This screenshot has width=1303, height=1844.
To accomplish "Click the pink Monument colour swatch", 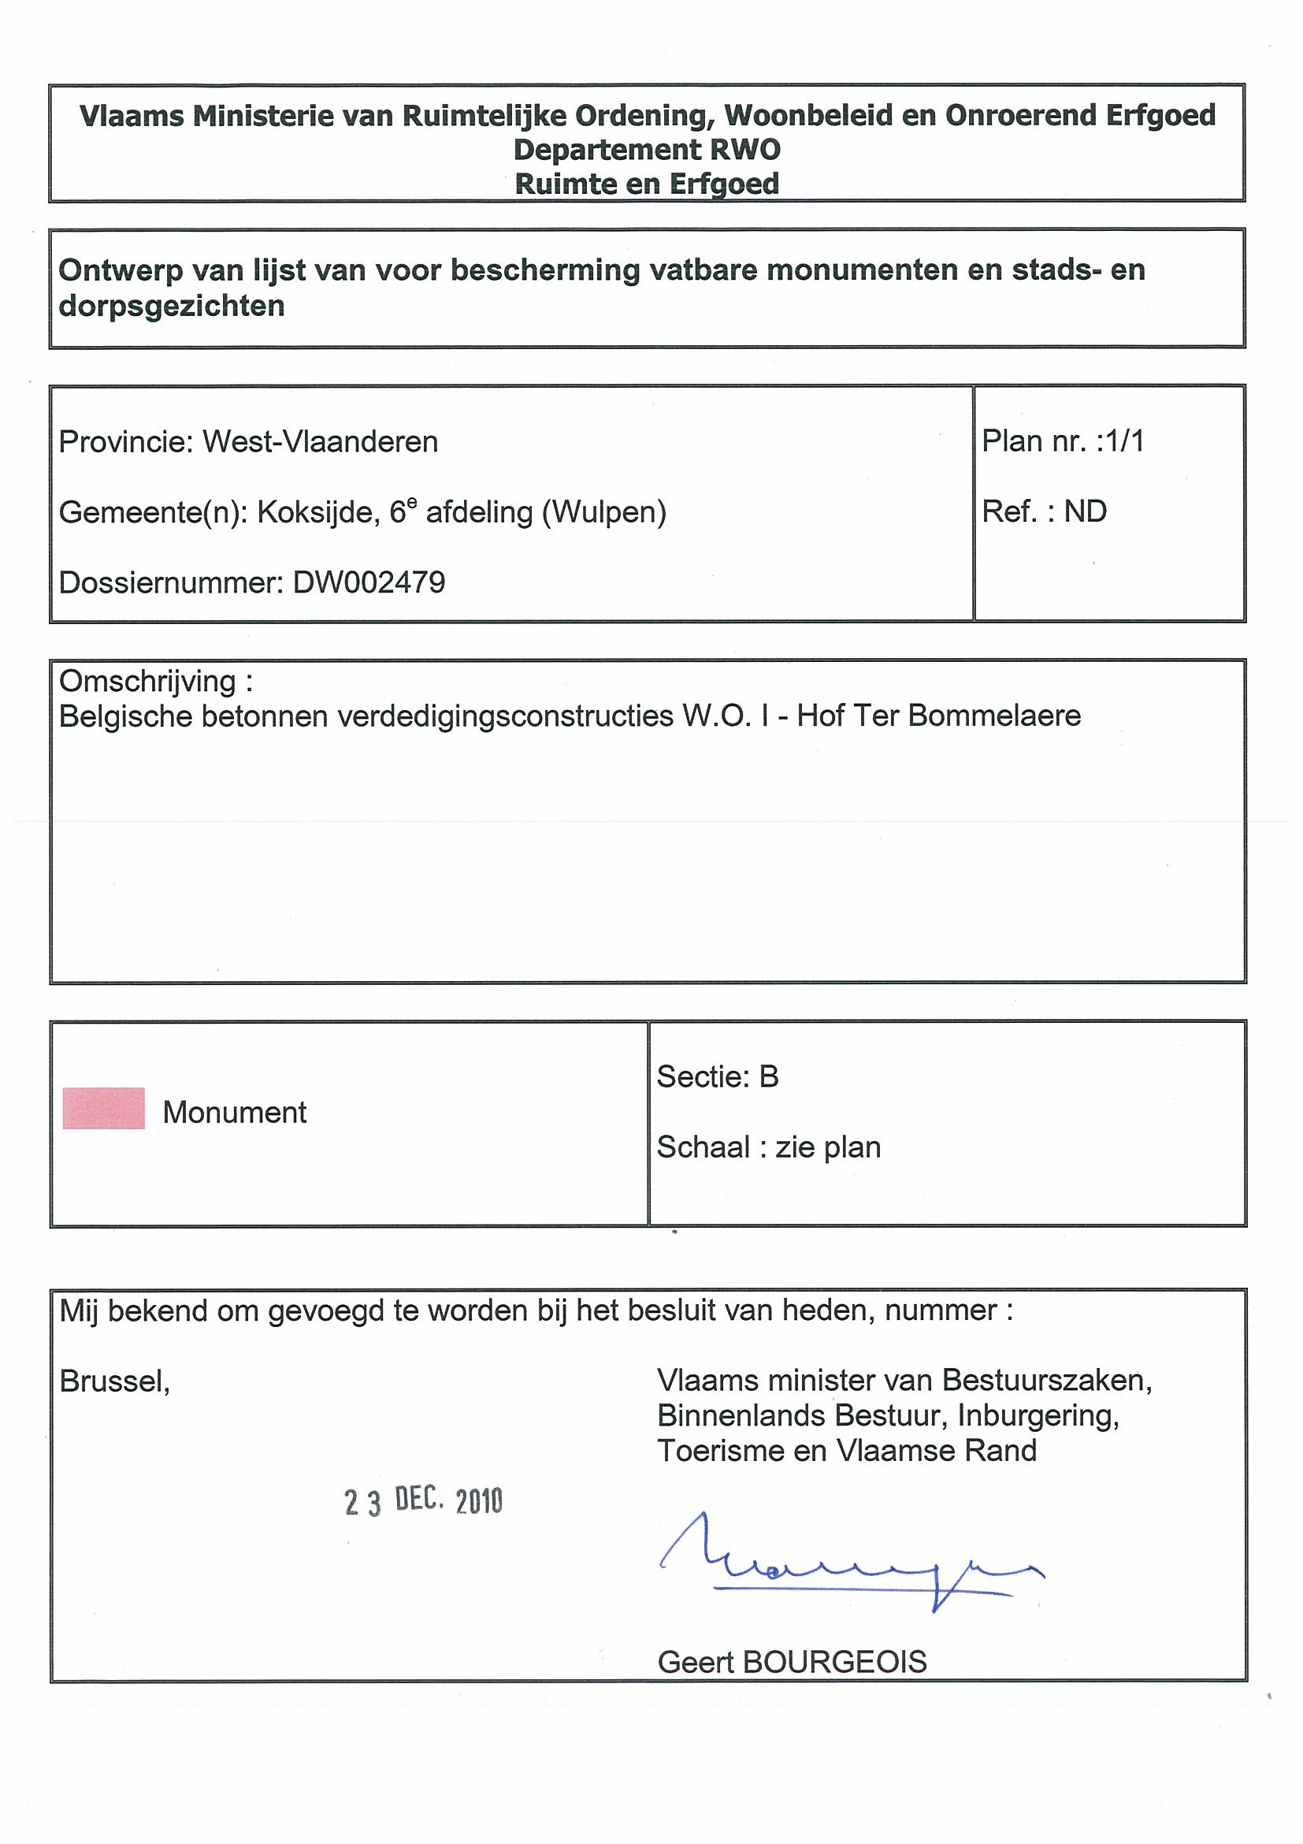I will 103,1108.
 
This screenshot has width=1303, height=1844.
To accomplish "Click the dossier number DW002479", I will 369,582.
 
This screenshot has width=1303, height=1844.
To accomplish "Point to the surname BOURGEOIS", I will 835,1662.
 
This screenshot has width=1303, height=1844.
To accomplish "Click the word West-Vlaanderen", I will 321,442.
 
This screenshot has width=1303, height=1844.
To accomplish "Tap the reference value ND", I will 1086,511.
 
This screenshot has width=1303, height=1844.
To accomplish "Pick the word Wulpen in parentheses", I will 603,512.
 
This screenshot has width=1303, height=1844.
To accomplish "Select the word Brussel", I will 114,1381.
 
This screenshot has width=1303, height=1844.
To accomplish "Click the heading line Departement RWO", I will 647,151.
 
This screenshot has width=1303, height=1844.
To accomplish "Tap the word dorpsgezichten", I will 172,306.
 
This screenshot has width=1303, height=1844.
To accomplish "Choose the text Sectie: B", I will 718,1076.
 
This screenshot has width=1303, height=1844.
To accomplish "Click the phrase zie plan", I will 828,1147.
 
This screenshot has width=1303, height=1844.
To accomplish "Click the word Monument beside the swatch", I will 235,1113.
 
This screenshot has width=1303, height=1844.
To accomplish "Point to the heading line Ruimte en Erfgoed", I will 647,184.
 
